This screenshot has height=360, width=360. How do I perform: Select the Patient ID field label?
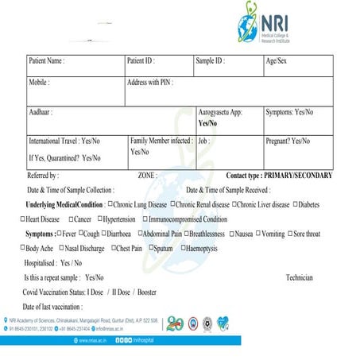(x=141, y=61)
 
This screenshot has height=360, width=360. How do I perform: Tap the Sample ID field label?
(x=211, y=61)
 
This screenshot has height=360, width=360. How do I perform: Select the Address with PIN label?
(x=150, y=82)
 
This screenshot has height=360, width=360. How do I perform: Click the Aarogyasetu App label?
(x=220, y=113)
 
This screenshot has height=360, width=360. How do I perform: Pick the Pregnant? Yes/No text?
(x=288, y=141)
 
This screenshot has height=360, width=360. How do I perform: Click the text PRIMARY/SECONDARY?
(x=299, y=175)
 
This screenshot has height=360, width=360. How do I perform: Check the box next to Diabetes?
(x=296, y=204)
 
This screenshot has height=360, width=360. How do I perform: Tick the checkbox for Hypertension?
(x=99, y=219)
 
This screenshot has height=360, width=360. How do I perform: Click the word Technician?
(x=299, y=277)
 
